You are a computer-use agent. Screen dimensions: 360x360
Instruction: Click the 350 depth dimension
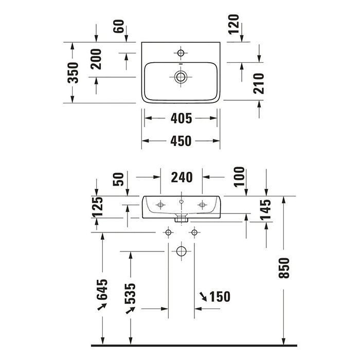click(74, 73)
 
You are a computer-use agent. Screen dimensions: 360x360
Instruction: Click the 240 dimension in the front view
click(182, 177)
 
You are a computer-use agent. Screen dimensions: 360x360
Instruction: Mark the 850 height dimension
click(285, 268)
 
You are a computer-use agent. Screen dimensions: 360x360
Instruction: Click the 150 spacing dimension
click(219, 297)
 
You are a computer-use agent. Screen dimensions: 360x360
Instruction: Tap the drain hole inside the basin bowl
click(181, 77)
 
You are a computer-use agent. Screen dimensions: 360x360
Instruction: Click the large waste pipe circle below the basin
click(181, 251)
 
